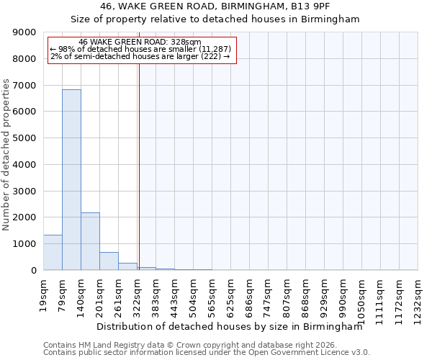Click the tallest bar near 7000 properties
[71, 180]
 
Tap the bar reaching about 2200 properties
[90, 241]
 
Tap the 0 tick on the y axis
[34, 270]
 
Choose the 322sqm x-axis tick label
[138, 293]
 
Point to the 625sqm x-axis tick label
[231, 293]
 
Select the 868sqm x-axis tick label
[306, 293]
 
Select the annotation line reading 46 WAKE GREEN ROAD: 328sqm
[140, 42]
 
